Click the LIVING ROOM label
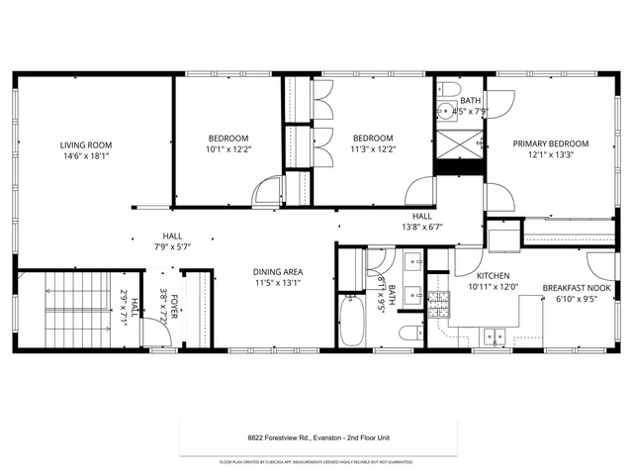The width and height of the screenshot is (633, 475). pyautogui.click(x=85, y=144)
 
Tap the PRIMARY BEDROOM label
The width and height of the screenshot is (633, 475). pyautogui.click(x=550, y=142)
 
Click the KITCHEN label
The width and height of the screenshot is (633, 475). pyautogui.click(x=493, y=276)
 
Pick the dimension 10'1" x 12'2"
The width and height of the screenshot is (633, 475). pyautogui.click(x=228, y=149)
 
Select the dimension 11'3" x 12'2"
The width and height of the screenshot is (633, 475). pyautogui.click(x=373, y=149)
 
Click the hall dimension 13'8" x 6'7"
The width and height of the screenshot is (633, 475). pyautogui.click(x=421, y=227)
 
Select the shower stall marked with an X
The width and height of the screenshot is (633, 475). pyautogui.click(x=460, y=144)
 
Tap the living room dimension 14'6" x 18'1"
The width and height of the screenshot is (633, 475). pyautogui.click(x=85, y=155)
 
